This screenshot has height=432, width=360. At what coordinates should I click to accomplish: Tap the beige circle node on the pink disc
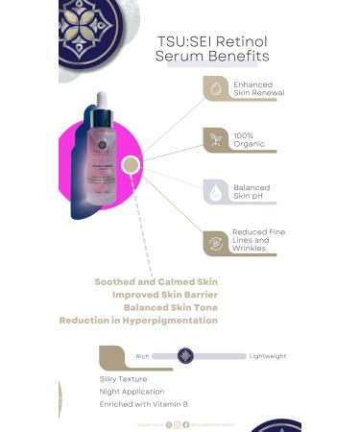click(x=132, y=165)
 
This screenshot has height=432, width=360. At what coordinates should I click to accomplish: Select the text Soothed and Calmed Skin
click(x=156, y=281)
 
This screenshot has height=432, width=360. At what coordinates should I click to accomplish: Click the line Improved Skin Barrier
click(x=165, y=294)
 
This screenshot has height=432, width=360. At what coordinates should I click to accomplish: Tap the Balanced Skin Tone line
click(x=171, y=307)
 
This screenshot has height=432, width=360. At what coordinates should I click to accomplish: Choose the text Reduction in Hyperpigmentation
click(x=138, y=320)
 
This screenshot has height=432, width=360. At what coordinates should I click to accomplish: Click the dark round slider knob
click(x=186, y=356)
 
